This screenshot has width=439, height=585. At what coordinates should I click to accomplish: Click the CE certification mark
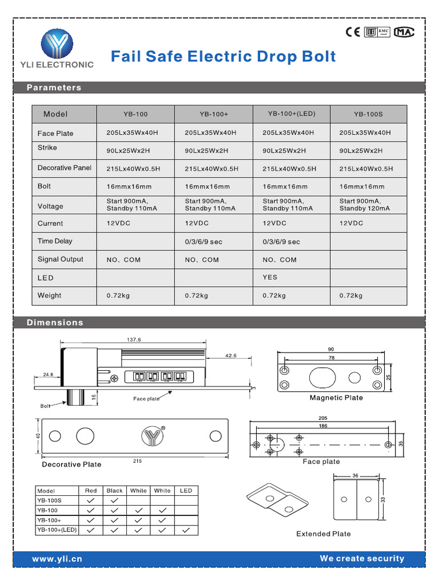tap(353, 32)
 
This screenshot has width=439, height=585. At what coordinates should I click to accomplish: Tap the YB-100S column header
tap(368, 114)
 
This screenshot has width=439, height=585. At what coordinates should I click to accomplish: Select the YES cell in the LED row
tap(270, 277)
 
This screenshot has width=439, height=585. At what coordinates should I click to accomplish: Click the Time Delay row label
tap(55, 241)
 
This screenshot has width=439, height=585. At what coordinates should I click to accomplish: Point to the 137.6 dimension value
tap(134, 340)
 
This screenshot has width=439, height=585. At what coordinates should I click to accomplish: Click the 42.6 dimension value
tap(230, 355)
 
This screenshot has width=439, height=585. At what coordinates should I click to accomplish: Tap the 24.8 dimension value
tap(48, 375)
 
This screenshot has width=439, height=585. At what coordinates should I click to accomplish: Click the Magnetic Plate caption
tap(336, 398)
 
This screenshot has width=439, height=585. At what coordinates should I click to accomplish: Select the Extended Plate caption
tap(324, 534)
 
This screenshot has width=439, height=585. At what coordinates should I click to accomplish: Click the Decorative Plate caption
tap(71, 464)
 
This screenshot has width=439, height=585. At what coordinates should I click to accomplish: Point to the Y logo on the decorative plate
tap(152, 436)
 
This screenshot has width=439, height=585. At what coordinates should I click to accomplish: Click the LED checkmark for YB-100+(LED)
tap(186, 530)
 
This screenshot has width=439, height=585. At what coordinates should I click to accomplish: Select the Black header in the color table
tap(114, 490)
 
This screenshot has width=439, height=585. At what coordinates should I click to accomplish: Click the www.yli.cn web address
tap(57, 559)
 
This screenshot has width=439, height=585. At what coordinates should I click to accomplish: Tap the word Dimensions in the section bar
tap(55, 323)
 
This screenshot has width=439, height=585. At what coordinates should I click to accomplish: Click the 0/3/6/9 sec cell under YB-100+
tap(203, 242)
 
